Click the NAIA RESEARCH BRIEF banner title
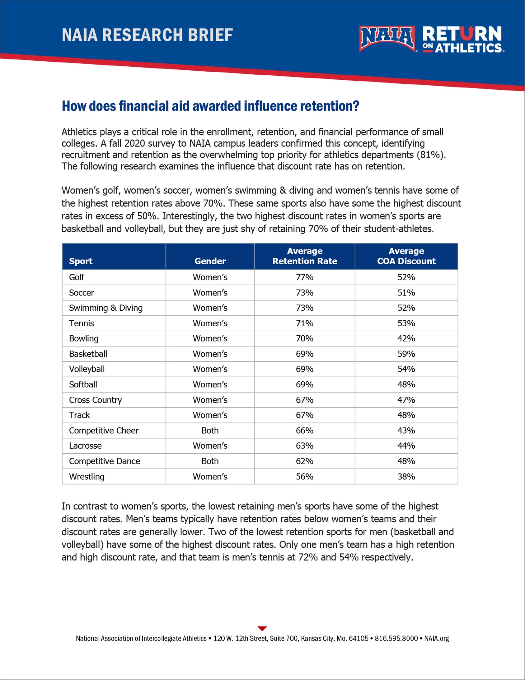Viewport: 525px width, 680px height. tap(147, 35)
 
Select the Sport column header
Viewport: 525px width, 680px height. tap(81, 261)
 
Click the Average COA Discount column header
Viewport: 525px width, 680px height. tap(406, 256)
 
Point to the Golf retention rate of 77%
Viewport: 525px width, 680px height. tap(304, 277)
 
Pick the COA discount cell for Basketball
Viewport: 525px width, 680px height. tap(406, 354)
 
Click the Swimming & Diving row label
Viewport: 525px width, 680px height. tap(106, 308)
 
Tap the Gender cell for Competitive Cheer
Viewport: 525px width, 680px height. tap(210, 430)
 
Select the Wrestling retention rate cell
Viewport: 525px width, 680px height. tap(304, 476)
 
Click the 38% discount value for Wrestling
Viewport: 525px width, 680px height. tap(406, 476)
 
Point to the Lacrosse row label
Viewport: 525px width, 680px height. tap(85, 446)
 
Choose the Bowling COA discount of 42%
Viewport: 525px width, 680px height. tap(406, 338)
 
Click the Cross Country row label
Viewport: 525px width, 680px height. tap(95, 400)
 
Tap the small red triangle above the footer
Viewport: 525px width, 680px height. tap(262, 628)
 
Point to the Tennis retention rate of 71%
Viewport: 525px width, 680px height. tap(304, 323)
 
